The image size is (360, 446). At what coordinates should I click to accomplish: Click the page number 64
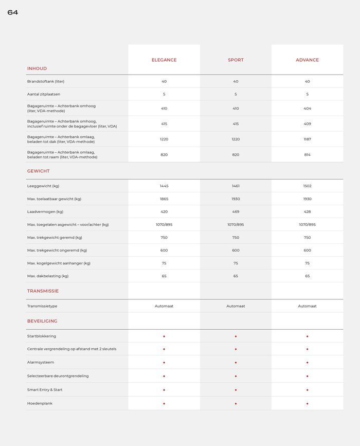click(12, 12)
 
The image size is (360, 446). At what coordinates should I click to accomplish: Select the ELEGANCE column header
click(164, 60)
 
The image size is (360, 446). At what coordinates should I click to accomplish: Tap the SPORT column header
click(236, 60)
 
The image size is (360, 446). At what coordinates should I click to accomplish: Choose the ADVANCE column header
click(307, 60)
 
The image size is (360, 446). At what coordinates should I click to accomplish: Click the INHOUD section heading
click(37, 68)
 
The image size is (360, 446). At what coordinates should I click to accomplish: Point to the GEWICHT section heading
click(39, 171)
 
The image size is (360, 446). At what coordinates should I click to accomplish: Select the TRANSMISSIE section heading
click(43, 291)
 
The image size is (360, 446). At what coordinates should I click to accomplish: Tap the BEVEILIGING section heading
click(42, 321)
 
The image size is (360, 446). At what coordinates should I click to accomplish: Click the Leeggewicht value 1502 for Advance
click(307, 186)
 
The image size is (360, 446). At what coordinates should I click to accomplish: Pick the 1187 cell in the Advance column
click(307, 139)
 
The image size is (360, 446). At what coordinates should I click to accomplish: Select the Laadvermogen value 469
click(236, 211)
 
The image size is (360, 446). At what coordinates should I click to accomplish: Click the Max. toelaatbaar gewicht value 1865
click(164, 199)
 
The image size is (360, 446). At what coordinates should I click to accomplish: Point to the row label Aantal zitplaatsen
click(44, 94)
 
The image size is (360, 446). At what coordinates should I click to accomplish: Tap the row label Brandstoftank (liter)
click(46, 81)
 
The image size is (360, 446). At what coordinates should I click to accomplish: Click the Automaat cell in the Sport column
click(236, 306)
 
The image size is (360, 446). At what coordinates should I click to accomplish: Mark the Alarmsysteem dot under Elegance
click(164, 362)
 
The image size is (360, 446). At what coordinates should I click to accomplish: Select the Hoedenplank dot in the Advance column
click(307, 403)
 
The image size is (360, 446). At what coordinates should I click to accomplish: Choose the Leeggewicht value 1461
click(236, 186)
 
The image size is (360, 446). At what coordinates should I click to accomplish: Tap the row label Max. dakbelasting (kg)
click(48, 276)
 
